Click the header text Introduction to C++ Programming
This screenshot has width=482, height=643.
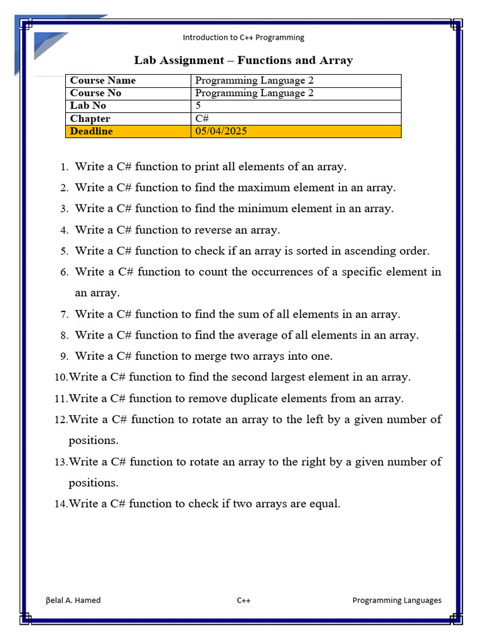click(x=243, y=37)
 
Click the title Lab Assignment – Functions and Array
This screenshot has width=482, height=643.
click(x=244, y=60)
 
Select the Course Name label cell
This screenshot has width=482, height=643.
click(x=103, y=80)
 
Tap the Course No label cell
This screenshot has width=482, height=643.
click(x=96, y=93)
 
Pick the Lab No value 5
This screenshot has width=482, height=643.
click(x=198, y=105)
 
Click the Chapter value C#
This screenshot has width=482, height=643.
click(x=202, y=119)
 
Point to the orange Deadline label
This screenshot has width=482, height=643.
click(x=92, y=131)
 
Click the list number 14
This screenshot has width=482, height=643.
click(x=60, y=504)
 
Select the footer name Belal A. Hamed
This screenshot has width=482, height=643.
click(x=73, y=600)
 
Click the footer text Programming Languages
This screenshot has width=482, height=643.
click(x=397, y=600)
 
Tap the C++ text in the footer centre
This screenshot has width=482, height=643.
click(x=244, y=600)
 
